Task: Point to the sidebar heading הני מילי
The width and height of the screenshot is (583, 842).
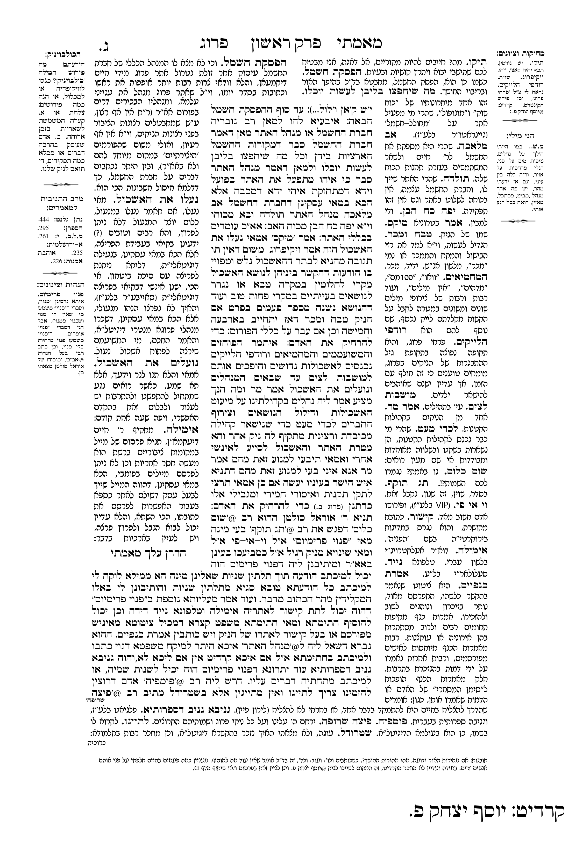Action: (x=519, y=134)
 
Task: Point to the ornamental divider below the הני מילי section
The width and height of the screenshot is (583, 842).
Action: (x=519, y=221)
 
